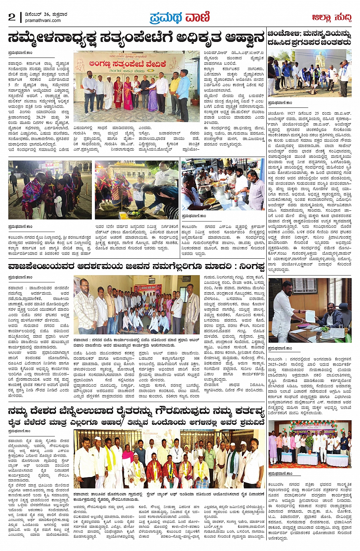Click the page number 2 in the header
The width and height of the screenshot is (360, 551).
(x=12, y=17)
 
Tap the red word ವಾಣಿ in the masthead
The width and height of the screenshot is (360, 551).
(x=197, y=18)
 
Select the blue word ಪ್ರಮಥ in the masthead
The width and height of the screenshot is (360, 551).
(x=165, y=18)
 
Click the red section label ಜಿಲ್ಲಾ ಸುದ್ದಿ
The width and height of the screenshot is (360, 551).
(x=331, y=18)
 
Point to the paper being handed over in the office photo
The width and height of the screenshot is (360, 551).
(x=310, y=316)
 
